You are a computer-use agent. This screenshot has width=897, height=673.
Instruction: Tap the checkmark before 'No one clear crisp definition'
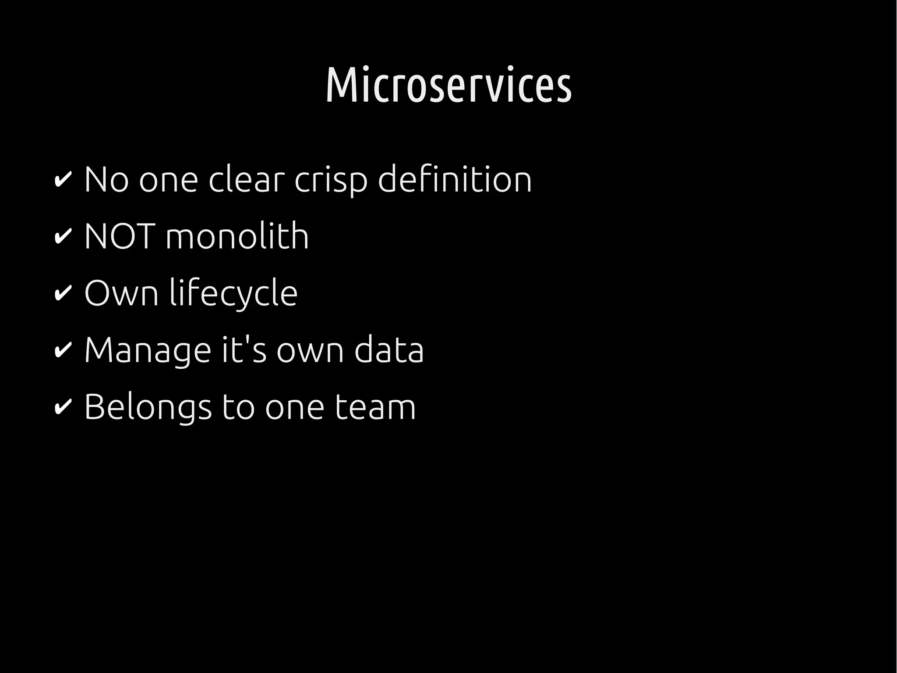coord(62,180)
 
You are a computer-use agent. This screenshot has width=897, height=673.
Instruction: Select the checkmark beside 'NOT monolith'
coord(62,237)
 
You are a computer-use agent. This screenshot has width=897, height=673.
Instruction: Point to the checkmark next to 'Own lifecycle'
coord(62,294)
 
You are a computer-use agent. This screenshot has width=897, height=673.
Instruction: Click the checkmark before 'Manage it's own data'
coord(62,351)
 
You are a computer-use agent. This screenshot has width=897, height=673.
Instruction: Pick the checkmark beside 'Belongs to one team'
coord(62,407)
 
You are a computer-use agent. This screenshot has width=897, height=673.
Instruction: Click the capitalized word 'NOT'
coord(120,237)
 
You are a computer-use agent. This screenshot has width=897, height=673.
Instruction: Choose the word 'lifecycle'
coord(233,294)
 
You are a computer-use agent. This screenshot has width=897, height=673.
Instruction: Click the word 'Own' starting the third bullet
coord(121,294)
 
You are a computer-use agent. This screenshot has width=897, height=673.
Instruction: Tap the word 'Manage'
coord(148,351)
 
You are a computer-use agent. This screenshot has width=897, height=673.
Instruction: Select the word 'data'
coord(389,350)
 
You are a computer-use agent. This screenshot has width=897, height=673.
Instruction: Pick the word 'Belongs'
coord(148,408)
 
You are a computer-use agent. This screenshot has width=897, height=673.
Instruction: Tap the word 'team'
coord(375,407)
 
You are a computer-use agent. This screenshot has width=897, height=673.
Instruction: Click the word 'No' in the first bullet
coord(106,180)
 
